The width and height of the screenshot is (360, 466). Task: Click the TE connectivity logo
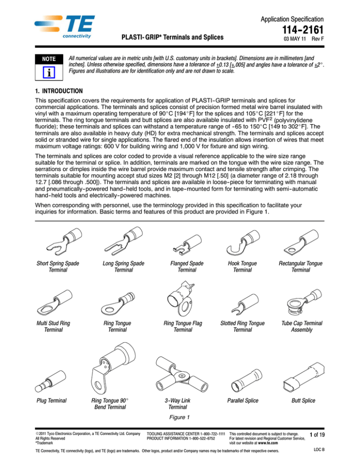point(65,27)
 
